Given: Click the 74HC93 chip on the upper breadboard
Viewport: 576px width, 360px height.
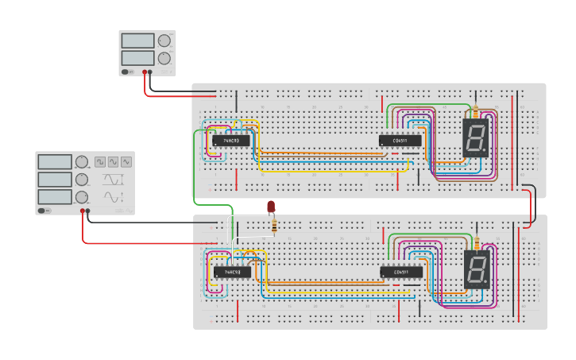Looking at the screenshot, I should [x=230, y=141].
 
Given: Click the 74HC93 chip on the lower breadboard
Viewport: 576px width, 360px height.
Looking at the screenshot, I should [x=232, y=272].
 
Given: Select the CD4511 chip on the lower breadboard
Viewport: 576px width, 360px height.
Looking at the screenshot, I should [x=401, y=272].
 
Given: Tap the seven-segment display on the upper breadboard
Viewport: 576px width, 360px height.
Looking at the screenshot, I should [x=474, y=138].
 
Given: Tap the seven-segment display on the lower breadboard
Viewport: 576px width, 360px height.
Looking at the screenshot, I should [x=476, y=269].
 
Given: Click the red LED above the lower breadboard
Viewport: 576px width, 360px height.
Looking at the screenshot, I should [x=271, y=207].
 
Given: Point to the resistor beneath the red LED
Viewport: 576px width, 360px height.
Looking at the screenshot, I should [x=275, y=226].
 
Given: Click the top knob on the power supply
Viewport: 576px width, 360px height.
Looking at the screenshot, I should [x=164, y=41].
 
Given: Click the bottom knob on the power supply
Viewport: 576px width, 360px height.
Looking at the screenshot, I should [x=164, y=58].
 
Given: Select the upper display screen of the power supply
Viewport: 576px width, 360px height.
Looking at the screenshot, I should [x=137, y=41].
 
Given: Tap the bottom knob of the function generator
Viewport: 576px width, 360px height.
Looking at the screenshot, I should [x=81, y=196].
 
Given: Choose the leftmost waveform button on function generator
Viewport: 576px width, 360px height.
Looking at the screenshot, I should [x=100, y=161].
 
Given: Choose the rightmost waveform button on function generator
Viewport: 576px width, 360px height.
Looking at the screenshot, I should [x=126, y=161].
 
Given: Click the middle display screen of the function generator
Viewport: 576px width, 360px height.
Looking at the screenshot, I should [x=56, y=180].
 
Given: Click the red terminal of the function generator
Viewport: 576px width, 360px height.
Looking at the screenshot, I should [x=82, y=211].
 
